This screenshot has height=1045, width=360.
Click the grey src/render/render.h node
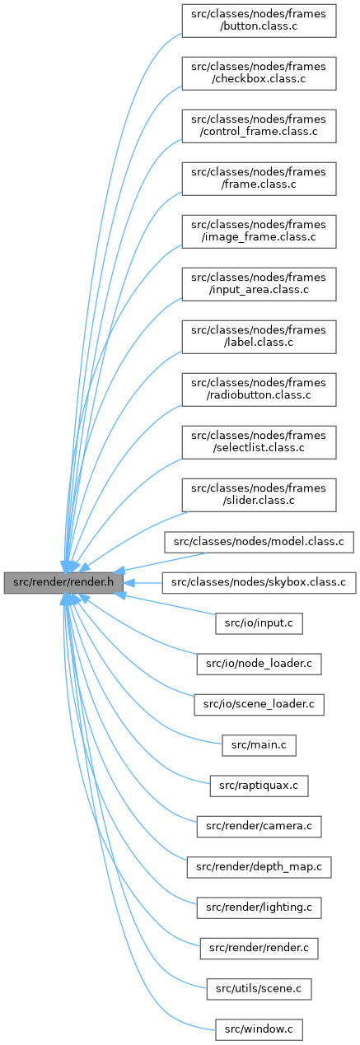(x=63, y=582)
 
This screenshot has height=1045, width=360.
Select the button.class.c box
(x=259, y=21)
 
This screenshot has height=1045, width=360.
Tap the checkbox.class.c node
(x=259, y=73)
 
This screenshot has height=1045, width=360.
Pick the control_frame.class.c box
(x=259, y=126)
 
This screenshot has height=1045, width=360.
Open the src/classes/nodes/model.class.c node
(x=259, y=542)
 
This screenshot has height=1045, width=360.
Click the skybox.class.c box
(x=259, y=583)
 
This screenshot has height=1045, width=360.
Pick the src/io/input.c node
(x=259, y=623)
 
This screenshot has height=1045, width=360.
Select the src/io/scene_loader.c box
(x=259, y=704)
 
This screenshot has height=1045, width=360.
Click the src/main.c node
(x=259, y=745)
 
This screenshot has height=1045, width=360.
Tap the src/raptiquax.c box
(x=259, y=786)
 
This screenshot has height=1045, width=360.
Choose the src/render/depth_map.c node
(x=259, y=867)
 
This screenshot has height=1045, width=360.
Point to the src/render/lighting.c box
(x=259, y=907)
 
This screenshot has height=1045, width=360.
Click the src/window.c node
(x=259, y=1029)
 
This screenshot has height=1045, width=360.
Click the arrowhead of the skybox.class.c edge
(x=129, y=583)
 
